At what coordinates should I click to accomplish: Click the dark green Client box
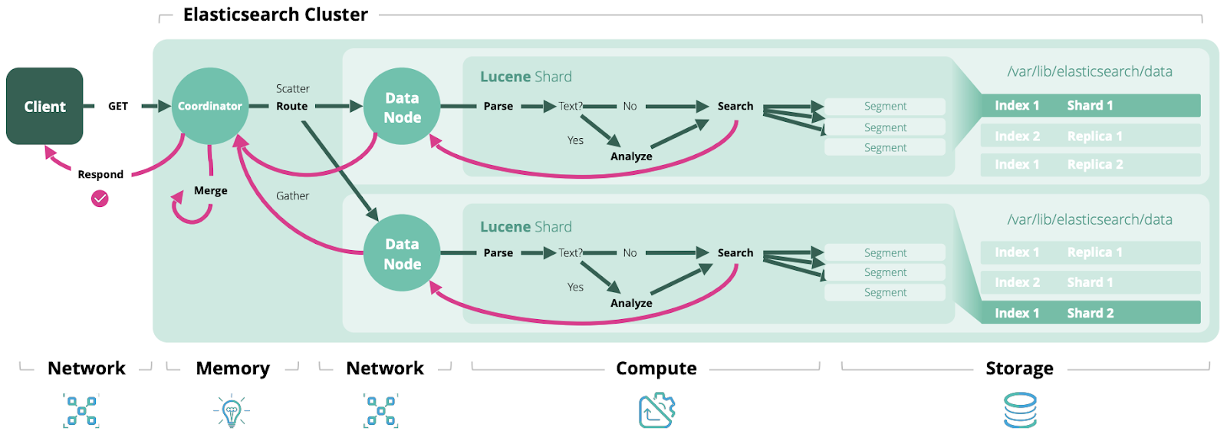[44, 106]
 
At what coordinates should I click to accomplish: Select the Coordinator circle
[209, 106]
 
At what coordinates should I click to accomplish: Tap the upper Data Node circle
[402, 107]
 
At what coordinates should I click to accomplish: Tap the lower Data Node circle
[402, 253]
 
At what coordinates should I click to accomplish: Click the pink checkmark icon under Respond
[100, 199]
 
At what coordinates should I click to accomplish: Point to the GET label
[118, 106]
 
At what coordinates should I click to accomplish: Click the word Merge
[211, 190]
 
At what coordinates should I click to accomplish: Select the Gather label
[292, 196]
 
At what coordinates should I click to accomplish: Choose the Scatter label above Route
[292, 89]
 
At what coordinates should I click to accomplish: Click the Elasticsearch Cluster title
[275, 15]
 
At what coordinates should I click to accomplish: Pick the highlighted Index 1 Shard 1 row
[1090, 105]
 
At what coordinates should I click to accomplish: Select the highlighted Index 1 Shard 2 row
[1090, 313]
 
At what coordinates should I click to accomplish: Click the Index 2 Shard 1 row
[1090, 282]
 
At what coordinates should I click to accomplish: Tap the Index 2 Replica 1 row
[1090, 136]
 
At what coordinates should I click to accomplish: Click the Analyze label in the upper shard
[631, 156]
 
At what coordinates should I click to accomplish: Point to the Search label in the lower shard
[735, 252]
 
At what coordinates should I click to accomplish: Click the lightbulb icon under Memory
[232, 411]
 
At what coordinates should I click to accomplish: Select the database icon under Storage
[1020, 410]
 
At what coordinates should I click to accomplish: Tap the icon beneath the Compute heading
[656, 410]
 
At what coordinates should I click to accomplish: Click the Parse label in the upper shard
[498, 106]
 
